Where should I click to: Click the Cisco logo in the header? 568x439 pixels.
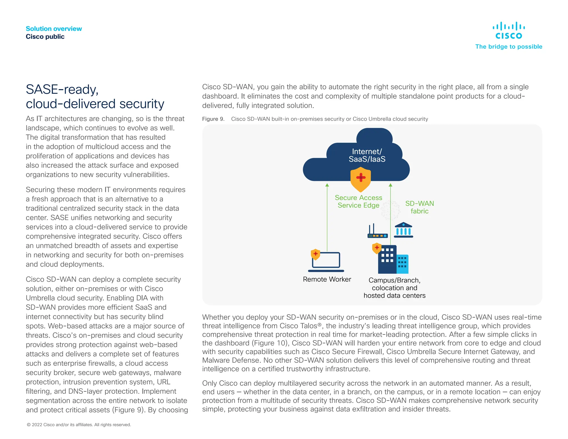click(x=509, y=30)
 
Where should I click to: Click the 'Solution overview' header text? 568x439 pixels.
click(x=54, y=29)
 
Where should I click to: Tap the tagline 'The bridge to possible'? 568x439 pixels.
click(x=509, y=47)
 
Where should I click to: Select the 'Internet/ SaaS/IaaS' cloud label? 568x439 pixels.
click(x=367, y=155)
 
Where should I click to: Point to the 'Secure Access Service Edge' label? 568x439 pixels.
click(x=358, y=201)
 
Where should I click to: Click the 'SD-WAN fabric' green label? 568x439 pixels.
click(x=419, y=207)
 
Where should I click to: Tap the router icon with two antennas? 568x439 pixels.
click(x=377, y=232)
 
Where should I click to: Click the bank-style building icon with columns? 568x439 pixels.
click(x=404, y=230)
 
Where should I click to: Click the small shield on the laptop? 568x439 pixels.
click(x=315, y=254)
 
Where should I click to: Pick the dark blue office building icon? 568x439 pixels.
click(x=387, y=260)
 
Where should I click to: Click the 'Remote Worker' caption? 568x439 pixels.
click(x=327, y=279)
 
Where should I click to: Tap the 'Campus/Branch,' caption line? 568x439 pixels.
click(x=394, y=280)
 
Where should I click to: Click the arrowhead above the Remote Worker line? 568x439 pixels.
click(x=327, y=185)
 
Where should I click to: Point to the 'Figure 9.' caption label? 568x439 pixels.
click(x=213, y=119)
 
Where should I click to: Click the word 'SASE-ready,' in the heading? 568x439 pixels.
click(x=62, y=90)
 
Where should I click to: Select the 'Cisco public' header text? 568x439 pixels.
click(x=45, y=37)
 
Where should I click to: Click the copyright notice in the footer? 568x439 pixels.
click(x=79, y=425)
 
